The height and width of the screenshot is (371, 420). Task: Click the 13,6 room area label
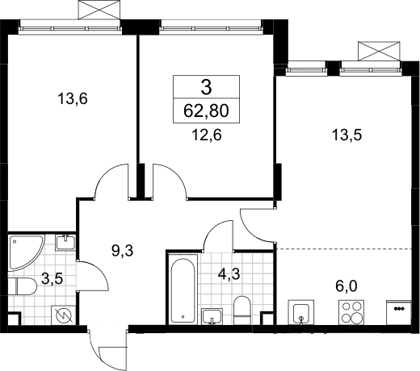tap(73, 98)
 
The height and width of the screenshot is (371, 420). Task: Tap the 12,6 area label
tap(207, 135)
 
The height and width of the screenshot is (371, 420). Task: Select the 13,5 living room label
tap(346, 135)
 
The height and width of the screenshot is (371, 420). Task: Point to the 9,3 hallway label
tap(122, 251)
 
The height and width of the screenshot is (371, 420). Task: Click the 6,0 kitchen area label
tap(346, 286)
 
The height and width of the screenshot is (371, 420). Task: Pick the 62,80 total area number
tap(206, 110)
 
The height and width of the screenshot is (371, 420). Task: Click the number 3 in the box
tap(206, 88)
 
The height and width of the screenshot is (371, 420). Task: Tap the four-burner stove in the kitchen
tap(351, 312)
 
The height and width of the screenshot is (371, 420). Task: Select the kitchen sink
tap(301, 312)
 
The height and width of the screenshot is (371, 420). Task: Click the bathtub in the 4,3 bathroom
tap(183, 290)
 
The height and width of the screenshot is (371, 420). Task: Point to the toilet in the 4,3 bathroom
tap(242, 310)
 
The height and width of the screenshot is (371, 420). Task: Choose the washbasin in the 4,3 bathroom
tap(212, 316)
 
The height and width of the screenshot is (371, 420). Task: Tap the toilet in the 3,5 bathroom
tap(22, 286)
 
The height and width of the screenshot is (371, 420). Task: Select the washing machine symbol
tap(64, 315)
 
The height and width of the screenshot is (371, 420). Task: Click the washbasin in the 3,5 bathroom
tap(65, 243)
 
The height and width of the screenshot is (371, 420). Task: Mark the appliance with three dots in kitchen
tap(399, 312)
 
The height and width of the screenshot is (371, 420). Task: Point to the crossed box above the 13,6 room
tap(99, 10)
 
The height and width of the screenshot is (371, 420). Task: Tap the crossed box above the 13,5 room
tap(379, 51)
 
